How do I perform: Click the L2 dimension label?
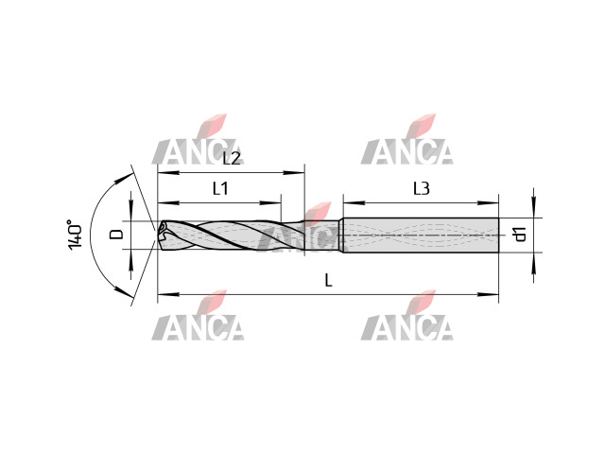(232, 158)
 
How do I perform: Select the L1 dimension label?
(220, 188)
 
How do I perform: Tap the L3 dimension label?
(422, 189)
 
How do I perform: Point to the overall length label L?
(328, 280)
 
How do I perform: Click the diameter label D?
(115, 234)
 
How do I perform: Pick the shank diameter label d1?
(521, 235)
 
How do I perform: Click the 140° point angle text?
(76, 236)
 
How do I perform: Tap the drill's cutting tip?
(158, 235)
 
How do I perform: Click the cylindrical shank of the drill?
(422, 236)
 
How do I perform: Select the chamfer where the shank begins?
(341, 236)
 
